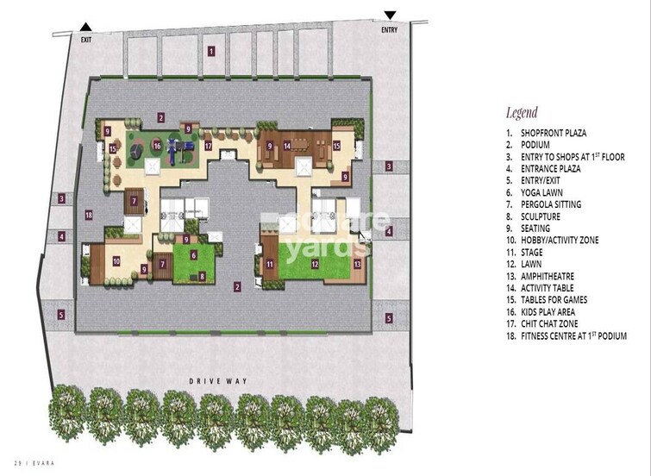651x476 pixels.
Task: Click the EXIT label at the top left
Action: pos(85,40)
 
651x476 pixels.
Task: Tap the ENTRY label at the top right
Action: pos(391,30)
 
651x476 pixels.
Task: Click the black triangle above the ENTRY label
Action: pos(391,15)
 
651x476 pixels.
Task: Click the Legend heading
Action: pos(522,112)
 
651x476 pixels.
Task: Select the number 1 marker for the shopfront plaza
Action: pos(210,51)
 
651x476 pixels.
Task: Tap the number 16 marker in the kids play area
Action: pos(157,146)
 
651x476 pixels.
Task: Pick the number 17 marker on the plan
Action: pos(209,146)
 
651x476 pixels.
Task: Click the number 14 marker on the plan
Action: pos(287,146)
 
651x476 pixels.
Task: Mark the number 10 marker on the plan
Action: pos(116,261)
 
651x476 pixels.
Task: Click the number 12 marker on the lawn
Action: pos(315,264)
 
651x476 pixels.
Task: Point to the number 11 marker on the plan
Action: pos(269,264)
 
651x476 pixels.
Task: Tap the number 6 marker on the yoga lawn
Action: pos(194,255)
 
